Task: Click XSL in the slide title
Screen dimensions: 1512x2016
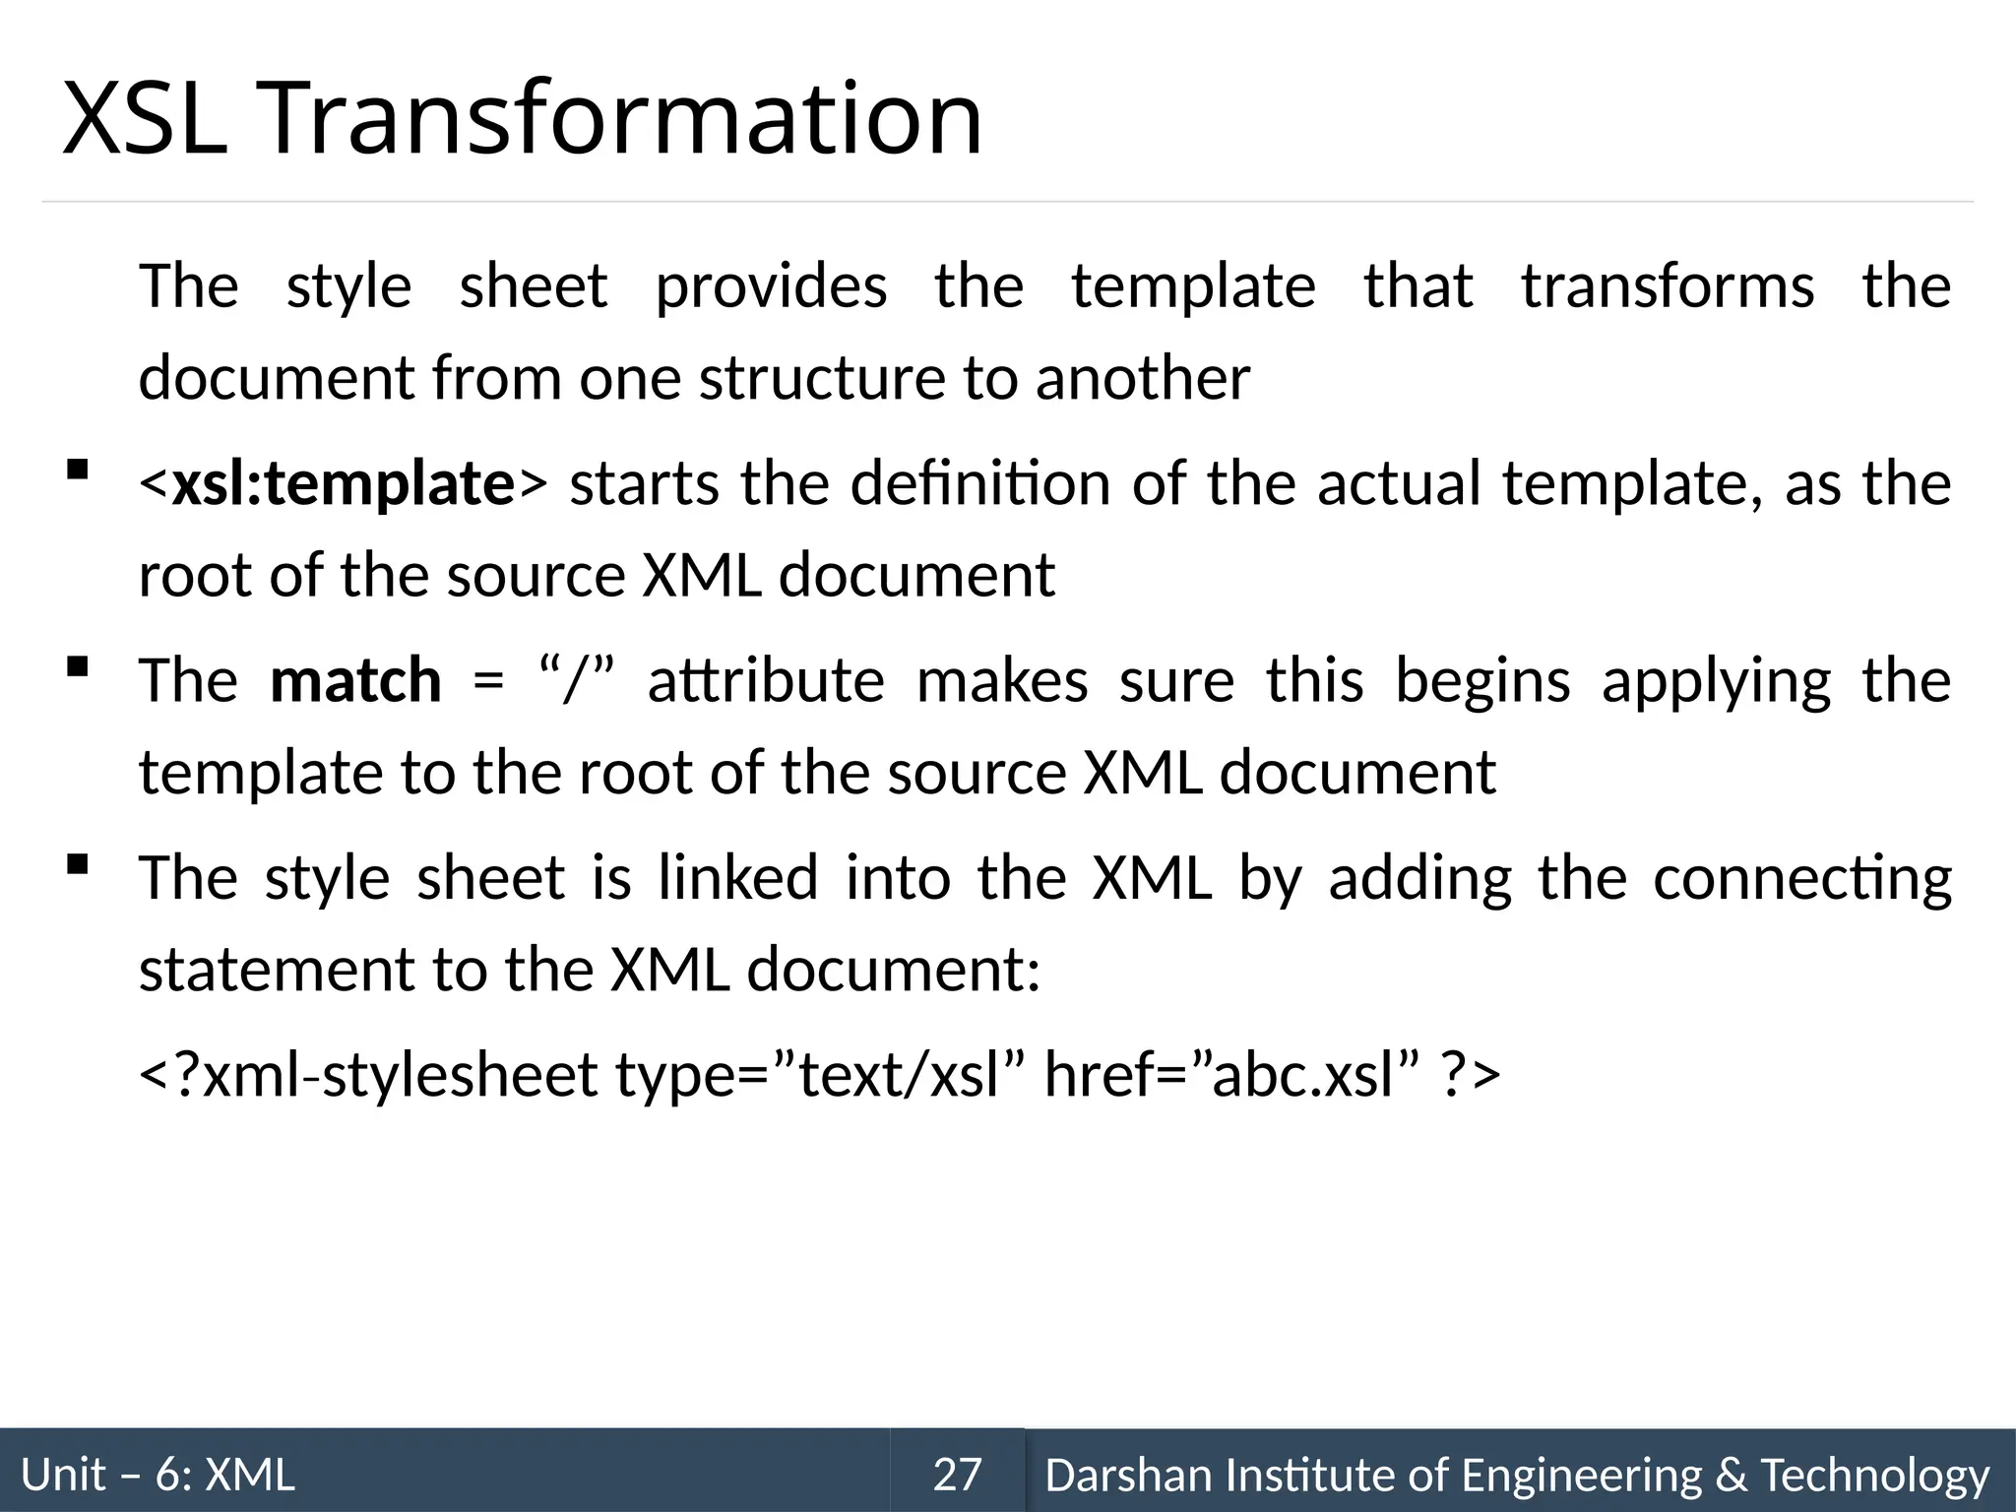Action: click(145, 120)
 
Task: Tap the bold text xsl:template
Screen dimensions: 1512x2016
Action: click(343, 484)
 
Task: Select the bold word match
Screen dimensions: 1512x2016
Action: click(355, 681)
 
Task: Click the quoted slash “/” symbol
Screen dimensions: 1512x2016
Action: click(577, 681)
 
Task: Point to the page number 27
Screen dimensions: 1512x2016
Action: click(957, 1475)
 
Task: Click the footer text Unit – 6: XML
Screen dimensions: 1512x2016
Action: click(158, 1475)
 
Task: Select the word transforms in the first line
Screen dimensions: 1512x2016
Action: click(1668, 287)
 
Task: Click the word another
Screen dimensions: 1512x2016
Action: click(1142, 379)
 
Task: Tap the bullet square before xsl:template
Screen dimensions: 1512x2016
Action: click(77, 471)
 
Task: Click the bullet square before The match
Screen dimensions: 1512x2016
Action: click(77, 667)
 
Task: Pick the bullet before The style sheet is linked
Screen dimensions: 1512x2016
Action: click(77, 865)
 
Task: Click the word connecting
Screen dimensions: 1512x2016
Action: click(1801, 879)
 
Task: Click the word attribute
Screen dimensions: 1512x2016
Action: click(766, 681)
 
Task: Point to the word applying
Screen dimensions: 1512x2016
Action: click(1716, 681)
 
